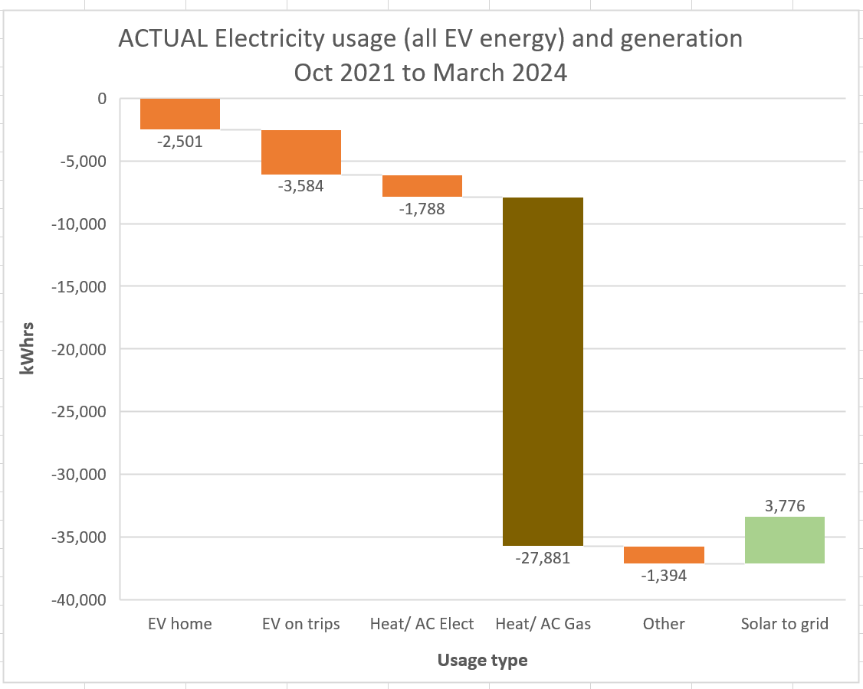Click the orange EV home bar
point(180,114)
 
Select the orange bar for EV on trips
point(301,152)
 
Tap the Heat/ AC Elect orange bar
point(422,186)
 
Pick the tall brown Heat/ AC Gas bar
point(543,371)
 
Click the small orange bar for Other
point(664,555)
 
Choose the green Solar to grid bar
point(784,540)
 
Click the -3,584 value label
point(301,186)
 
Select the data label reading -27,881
point(543,557)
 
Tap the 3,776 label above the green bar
point(784,505)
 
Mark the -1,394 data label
point(664,576)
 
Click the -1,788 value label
point(422,208)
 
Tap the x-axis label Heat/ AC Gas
point(543,624)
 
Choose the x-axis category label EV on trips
point(301,624)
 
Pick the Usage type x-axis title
point(482,660)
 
